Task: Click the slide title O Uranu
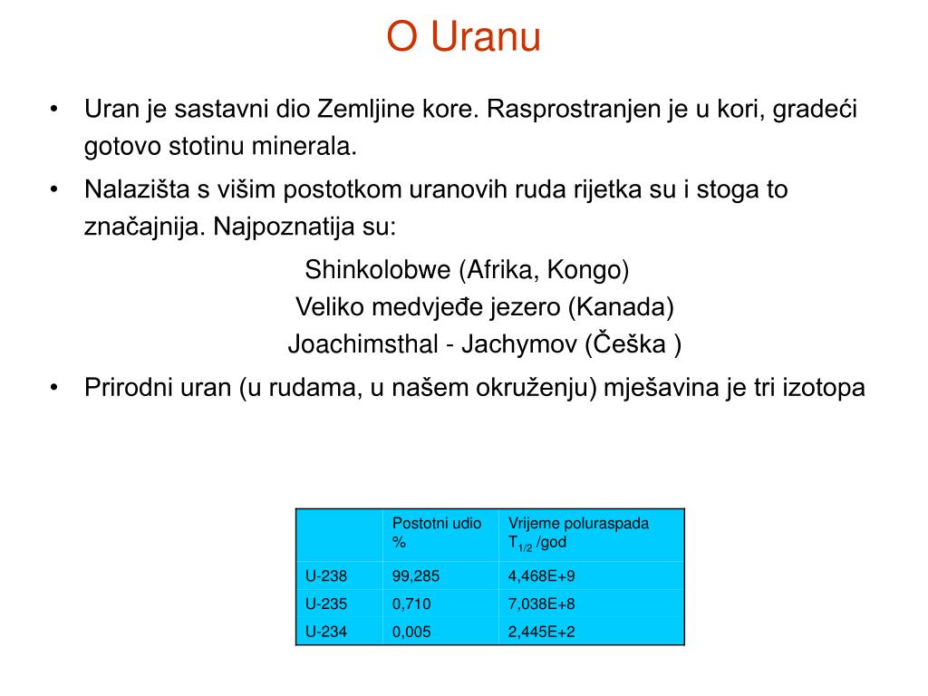click(463, 36)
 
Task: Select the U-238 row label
click(326, 575)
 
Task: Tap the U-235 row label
click(326, 604)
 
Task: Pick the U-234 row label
click(326, 632)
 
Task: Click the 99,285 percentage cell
click(415, 575)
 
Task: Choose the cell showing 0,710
click(411, 604)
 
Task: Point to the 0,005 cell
click(411, 632)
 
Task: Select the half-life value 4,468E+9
click(542, 575)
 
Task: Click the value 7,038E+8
click(542, 604)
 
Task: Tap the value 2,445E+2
click(542, 632)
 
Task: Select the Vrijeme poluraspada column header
click(578, 523)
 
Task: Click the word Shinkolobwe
click(378, 270)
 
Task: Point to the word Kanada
click(622, 307)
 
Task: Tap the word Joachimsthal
click(362, 344)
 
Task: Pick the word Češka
click(630, 343)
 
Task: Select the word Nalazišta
click(138, 189)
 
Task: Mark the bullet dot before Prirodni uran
click(54, 388)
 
